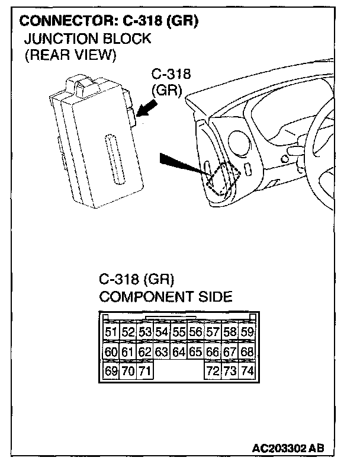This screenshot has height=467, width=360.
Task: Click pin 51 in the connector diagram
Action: point(111,332)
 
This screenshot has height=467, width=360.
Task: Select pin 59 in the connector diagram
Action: point(247,332)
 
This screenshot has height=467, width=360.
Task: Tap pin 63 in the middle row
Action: point(162,353)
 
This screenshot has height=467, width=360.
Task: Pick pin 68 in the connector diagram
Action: point(247,353)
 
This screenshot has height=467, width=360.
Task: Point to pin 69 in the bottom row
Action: point(111,372)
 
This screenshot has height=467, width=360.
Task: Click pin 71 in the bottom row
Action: point(145,372)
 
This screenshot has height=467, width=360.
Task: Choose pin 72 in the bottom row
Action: point(213,372)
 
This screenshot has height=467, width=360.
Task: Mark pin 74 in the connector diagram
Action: point(247,372)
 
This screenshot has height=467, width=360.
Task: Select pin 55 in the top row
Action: point(179,332)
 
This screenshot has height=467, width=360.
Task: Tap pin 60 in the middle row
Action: point(111,353)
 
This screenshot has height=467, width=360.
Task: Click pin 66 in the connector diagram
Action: point(213,353)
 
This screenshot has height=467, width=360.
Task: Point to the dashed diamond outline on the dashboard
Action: point(223,178)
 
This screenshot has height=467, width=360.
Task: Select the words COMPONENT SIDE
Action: point(166,296)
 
